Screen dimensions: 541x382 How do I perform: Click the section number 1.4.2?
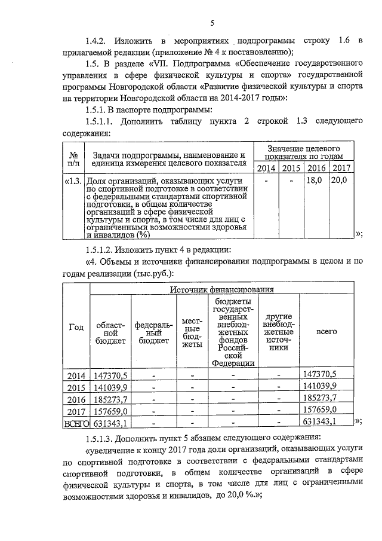click(98, 41)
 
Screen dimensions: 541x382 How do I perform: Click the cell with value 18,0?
click(315, 179)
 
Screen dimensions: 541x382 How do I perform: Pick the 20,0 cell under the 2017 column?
click(340, 179)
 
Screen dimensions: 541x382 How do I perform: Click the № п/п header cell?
click(73, 157)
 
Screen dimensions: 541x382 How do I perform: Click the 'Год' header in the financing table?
click(76, 326)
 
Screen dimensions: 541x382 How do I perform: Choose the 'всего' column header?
click(325, 329)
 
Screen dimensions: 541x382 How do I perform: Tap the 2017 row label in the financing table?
click(76, 411)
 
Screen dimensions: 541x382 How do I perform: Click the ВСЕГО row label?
click(76, 423)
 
